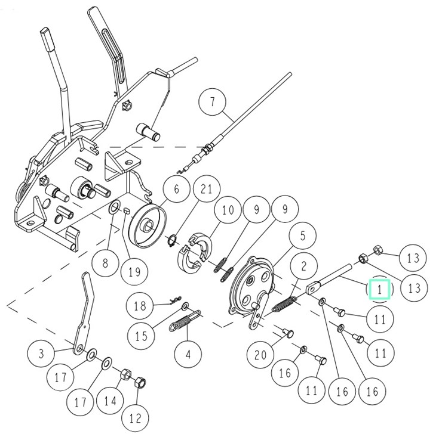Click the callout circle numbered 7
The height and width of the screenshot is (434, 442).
click(x=213, y=103)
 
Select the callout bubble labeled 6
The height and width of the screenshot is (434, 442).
click(x=177, y=190)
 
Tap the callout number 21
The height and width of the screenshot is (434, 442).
click(x=207, y=190)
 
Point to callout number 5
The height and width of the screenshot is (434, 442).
click(x=303, y=236)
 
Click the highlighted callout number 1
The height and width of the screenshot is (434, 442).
click(x=379, y=289)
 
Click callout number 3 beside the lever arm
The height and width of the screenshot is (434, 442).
click(x=41, y=352)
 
